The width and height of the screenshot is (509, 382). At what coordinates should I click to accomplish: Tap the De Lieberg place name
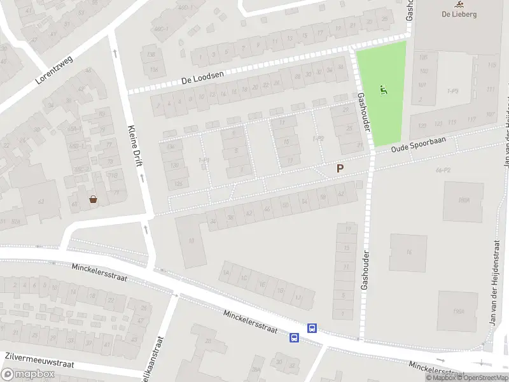pyautogui.click(x=459, y=15)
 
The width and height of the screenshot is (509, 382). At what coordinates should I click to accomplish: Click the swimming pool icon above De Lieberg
pyautogui.click(x=459, y=4)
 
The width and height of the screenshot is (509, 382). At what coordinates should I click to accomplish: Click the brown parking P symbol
pyautogui.click(x=340, y=169)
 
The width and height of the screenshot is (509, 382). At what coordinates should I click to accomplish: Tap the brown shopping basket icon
pyautogui.click(x=94, y=199)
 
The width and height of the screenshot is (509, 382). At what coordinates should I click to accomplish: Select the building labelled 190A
pyautogui.click(x=459, y=311)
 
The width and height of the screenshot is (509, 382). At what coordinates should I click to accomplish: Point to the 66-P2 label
pyautogui.click(x=443, y=171)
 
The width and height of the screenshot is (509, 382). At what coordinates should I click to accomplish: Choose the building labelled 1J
pyautogui.click(x=299, y=297)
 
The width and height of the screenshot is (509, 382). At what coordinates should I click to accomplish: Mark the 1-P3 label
pyautogui.click(x=453, y=91)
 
